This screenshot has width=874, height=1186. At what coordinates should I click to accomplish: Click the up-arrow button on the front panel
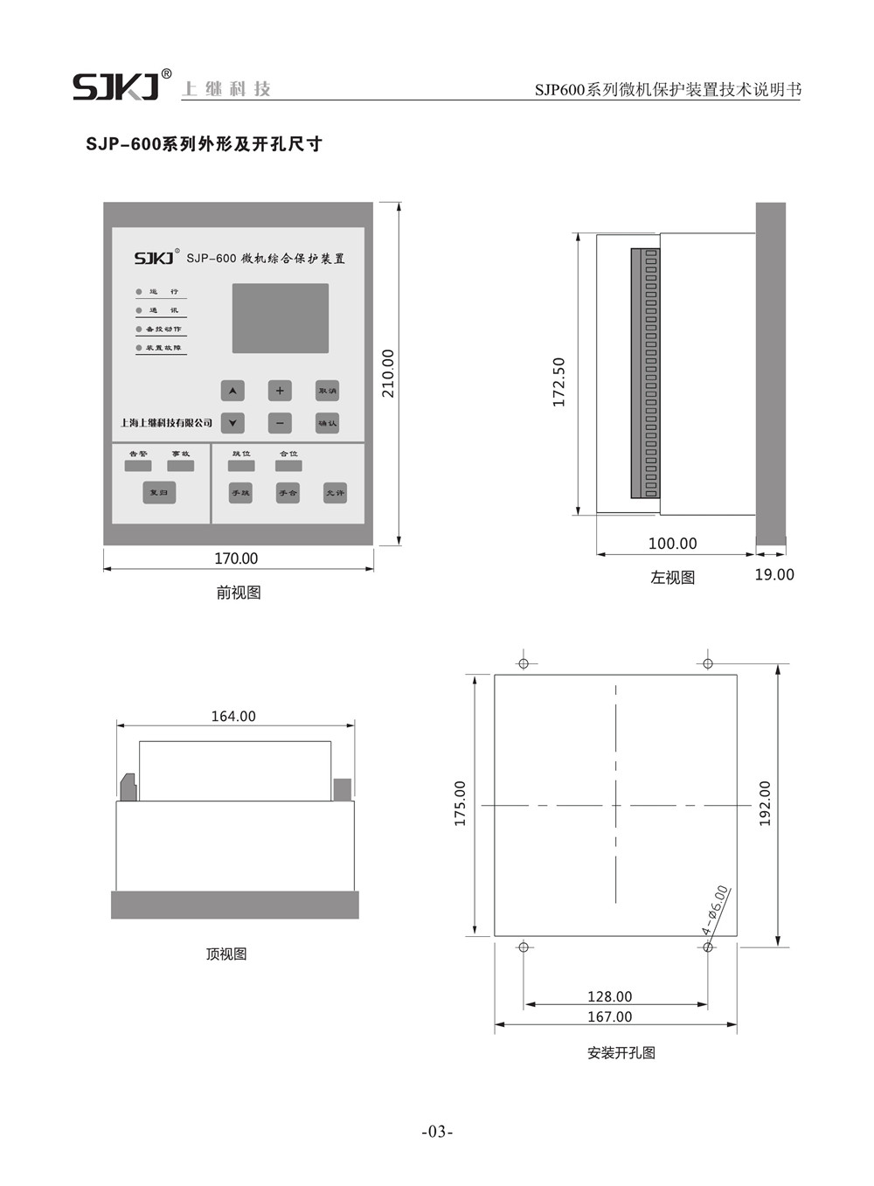click(x=232, y=391)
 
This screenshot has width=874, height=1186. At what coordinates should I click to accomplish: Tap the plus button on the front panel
click(x=280, y=391)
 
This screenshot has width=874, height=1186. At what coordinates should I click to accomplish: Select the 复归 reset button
click(x=159, y=492)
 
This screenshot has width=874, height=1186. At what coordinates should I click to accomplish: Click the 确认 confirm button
click(x=327, y=423)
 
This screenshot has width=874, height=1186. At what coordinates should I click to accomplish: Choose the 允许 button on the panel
click(x=335, y=492)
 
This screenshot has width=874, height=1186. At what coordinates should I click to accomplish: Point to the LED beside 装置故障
click(x=138, y=348)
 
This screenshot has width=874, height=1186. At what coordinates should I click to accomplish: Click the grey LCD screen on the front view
click(x=281, y=318)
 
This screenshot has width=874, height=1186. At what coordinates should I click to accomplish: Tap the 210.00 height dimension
click(x=388, y=373)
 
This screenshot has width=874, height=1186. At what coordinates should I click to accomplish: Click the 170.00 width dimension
click(x=236, y=558)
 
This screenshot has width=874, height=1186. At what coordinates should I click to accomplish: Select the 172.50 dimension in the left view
click(x=559, y=382)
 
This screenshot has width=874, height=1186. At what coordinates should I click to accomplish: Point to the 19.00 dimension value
click(x=774, y=574)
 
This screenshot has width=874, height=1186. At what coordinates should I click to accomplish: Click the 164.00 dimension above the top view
click(x=233, y=716)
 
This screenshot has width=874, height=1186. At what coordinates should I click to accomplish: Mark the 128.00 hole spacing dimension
click(x=609, y=996)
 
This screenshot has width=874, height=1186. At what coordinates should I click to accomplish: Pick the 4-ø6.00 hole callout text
click(x=715, y=910)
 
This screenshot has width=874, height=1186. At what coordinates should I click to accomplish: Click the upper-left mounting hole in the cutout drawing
click(x=524, y=663)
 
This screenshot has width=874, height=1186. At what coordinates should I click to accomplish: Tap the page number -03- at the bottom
click(x=437, y=1132)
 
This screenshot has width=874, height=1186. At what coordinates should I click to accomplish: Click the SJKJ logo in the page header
click(x=116, y=87)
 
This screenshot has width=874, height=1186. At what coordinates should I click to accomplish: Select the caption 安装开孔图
click(x=621, y=1053)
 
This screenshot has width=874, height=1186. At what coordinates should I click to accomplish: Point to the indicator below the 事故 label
click(x=181, y=466)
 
